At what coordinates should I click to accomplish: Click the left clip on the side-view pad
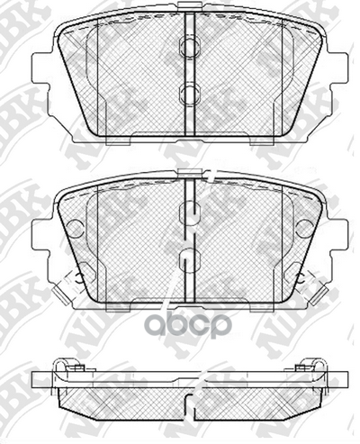[x=70, y=367]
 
